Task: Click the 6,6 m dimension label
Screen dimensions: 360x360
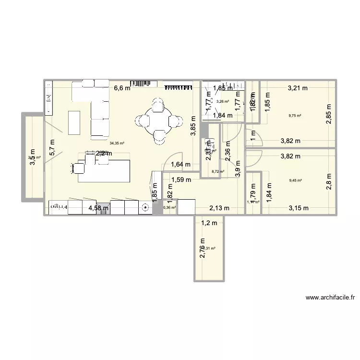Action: pos(122,88)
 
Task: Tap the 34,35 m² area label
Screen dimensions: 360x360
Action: pos(117,143)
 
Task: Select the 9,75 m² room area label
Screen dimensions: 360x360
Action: pos(295,116)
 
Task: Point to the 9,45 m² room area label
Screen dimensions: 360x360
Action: pos(295,180)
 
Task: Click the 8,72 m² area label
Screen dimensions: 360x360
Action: pos(218,171)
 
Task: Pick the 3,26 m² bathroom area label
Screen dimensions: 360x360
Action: pos(223,101)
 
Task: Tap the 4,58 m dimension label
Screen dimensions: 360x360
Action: pos(98,208)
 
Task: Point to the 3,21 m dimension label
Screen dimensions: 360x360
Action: pos(298,88)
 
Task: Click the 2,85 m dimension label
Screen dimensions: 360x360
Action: pos(329,115)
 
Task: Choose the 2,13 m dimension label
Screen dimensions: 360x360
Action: pos(219,208)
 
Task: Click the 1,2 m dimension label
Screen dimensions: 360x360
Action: pos(209,223)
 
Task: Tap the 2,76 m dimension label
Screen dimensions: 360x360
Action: pos(202,249)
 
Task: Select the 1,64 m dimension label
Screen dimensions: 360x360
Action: pos(180,165)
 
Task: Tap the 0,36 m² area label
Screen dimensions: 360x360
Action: pos(170,208)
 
